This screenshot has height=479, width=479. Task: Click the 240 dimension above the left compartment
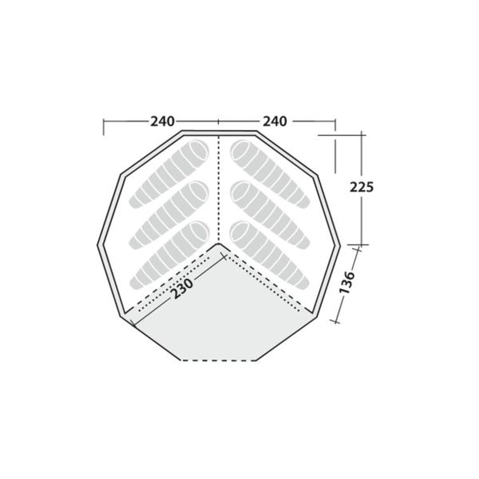(162, 122)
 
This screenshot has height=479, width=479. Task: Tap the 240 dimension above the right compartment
(275, 122)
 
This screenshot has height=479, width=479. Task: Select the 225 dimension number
(362, 187)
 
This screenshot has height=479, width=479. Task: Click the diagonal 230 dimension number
(182, 288)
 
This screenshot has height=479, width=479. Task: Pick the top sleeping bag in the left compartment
(169, 173)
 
